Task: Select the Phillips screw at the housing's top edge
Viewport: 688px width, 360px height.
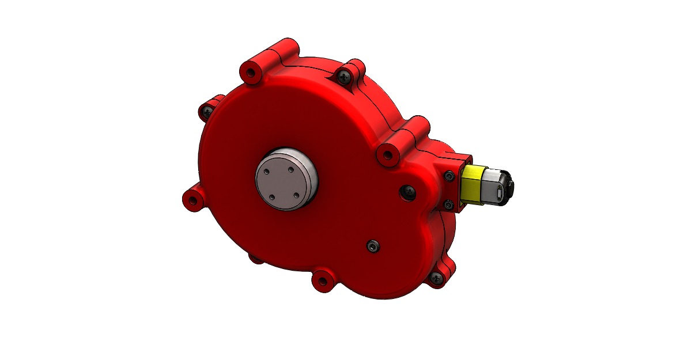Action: coord(345,75)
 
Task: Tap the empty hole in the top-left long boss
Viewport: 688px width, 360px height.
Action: coord(250,74)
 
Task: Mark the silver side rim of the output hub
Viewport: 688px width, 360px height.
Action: coord(312,173)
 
